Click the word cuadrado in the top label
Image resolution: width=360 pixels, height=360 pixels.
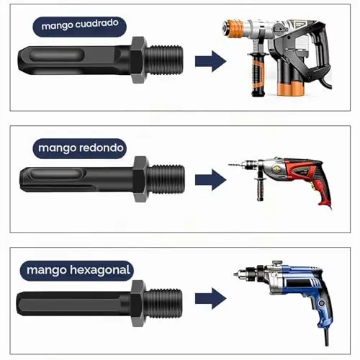coord(96,24)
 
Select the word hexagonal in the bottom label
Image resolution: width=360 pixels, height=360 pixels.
coord(100,270)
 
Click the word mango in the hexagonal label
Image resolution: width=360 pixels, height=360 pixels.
coord(47,271)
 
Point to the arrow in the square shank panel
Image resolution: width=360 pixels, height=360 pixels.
coord(210,61)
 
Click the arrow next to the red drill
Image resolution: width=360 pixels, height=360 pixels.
coord(210,179)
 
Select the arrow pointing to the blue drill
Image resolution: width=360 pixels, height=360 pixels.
coord(210,298)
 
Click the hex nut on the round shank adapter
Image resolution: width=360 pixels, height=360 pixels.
coord(140,179)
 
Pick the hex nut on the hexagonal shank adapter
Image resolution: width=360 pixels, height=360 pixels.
coord(138,303)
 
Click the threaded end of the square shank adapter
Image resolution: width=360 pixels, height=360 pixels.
coord(164,60)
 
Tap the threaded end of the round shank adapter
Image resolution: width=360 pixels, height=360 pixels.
coord(166,179)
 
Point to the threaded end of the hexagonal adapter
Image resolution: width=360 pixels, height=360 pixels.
coord(163,303)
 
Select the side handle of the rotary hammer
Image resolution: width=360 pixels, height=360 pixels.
coord(258,74)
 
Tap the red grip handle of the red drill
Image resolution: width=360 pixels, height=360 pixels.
coord(323,192)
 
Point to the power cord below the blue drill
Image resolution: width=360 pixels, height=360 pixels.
coord(326,337)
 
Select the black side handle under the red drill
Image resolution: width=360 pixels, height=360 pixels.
coord(260,189)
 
